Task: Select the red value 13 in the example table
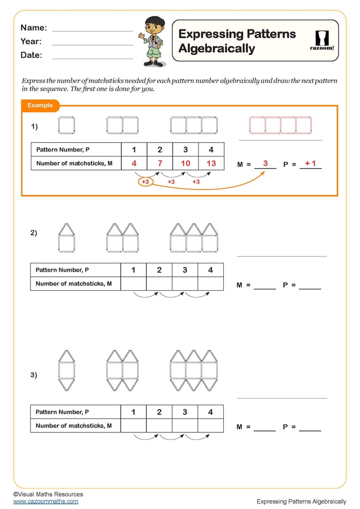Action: (211, 163)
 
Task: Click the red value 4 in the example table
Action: (134, 163)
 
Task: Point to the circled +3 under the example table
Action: (145, 182)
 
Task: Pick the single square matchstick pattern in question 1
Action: (66, 125)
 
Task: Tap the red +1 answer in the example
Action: (310, 163)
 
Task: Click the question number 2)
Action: (33, 233)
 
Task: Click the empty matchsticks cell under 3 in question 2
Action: (185, 284)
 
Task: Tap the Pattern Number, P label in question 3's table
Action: (62, 412)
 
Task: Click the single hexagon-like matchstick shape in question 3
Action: (66, 371)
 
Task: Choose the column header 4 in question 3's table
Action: (210, 412)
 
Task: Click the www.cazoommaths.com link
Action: (46, 502)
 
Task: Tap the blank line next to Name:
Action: (92, 30)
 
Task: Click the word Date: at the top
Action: (31, 55)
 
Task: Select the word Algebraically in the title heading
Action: (216, 49)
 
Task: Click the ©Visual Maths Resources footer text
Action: (48, 494)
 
